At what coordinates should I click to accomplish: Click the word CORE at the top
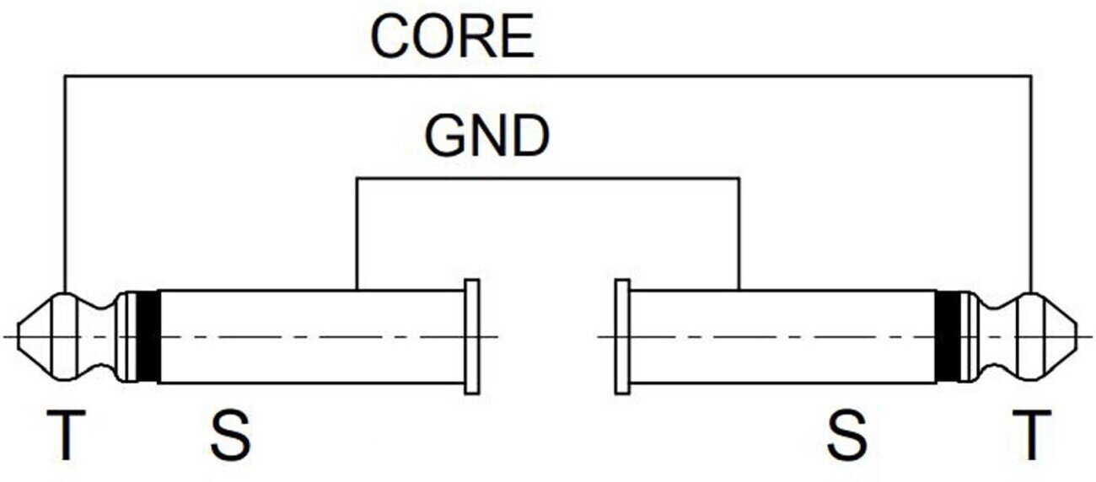click(x=453, y=37)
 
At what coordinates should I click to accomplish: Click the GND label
click(x=486, y=137)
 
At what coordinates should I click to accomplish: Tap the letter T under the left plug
click(x=65, y=436)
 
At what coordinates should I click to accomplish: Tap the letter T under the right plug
click(x=1029, y=436)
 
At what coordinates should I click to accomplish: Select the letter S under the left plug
click(x=229, y=436)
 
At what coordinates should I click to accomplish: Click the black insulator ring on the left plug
click(x=148, y=336)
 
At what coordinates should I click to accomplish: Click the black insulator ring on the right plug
click(x=948, y=336)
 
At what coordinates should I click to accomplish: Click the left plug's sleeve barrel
click(x=312, y=336)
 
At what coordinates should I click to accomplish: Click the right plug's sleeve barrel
click(x=784, y=336)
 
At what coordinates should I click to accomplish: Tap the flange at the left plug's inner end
click(x=472, y=336)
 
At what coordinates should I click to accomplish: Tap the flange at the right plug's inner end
click(x=623, y=336)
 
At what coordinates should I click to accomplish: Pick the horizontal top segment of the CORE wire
click(x=548, y=76)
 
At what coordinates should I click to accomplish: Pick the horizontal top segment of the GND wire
click(x=548, y=178)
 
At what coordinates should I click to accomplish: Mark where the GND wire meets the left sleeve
click(x=357, y=290)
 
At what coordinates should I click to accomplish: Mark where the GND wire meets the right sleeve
click(x=739, y=290)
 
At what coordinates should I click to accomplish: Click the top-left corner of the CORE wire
click(x=65, y=76)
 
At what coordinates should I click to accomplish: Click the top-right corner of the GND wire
click(x=739, y=178)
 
